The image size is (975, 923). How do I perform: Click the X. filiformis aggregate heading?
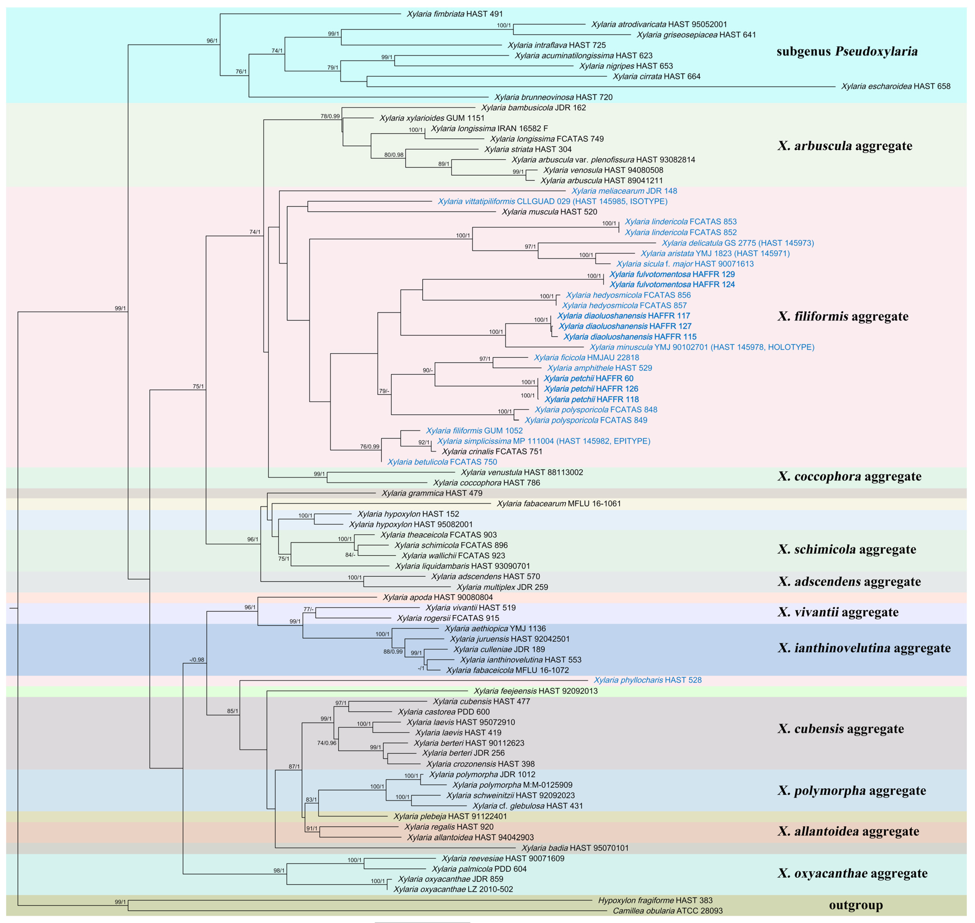tap(843, 316)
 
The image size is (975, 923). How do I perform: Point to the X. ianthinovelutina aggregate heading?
tap(864, 648)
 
